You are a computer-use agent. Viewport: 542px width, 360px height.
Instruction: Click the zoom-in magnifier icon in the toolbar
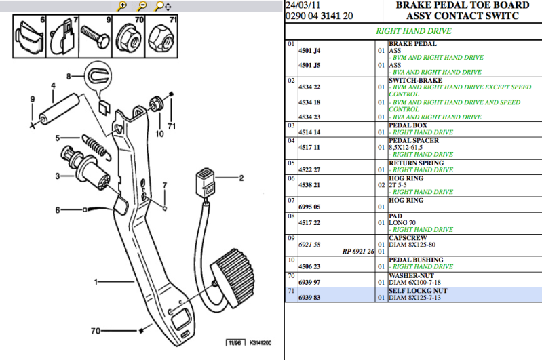(x=121, y=6)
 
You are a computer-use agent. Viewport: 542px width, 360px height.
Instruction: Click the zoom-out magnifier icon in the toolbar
(x=142, y=6)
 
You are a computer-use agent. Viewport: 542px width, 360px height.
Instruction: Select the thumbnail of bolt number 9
(x=96, y=37)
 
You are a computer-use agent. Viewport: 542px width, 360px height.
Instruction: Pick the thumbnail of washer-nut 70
(x=129, y=37)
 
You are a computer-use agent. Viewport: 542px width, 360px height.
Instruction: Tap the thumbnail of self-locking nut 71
(x=161, y=37)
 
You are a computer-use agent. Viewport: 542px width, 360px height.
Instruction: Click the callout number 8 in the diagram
(x=69, y=76)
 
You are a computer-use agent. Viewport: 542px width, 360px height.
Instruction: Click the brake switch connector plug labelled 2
(x=205, y=182)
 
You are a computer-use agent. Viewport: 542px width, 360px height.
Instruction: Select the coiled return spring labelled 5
(x=97, y=148)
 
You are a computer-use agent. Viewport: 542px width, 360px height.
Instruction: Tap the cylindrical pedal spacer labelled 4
(x=59, y=110)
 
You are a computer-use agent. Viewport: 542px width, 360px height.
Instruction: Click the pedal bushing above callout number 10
(x=156, y=104)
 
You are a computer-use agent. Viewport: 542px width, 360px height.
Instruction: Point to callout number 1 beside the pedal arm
(x=96, y=282)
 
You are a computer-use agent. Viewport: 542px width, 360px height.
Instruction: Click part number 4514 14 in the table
(x=309, y=132)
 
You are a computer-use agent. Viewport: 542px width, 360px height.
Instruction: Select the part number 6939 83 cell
(x=309, y=298)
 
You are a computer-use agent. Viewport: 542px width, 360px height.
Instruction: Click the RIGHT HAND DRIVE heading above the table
(x=414, y=31)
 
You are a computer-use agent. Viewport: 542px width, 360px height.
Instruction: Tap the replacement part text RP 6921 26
(x=358, y=252)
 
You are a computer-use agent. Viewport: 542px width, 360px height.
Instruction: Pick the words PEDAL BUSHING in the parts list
(x=416, y=260)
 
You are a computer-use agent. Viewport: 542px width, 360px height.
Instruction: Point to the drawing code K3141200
(x=260, y=343)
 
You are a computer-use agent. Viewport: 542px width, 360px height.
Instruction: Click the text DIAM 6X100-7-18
(x=414, y=282)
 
